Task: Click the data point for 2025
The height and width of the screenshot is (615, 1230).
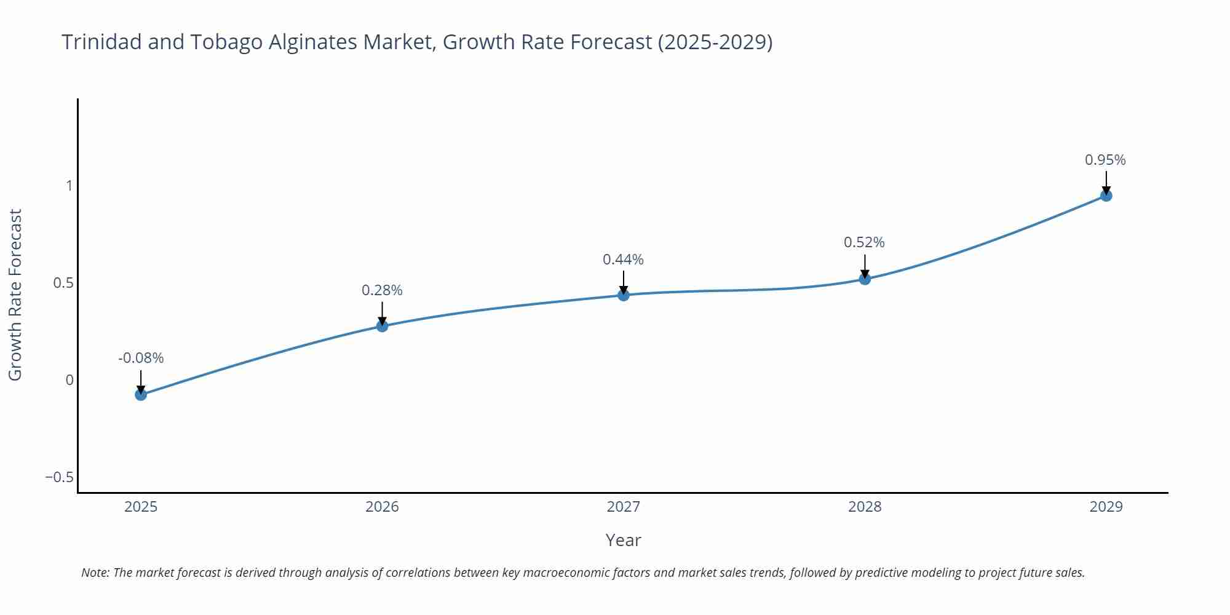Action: (141, 394)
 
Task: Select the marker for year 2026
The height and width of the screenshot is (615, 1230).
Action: (382, 325)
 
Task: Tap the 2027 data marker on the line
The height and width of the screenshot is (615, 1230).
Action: (624, 295)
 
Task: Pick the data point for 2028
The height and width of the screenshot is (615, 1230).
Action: (865, 279)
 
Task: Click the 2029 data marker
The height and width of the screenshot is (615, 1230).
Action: (1106, 196)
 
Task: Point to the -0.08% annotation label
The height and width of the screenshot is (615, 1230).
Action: (141, 358)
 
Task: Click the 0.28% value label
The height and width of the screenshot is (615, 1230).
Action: (382, 290)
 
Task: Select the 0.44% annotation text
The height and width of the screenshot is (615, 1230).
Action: (623, 260)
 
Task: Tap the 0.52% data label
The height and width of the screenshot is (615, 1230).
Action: (864, 242)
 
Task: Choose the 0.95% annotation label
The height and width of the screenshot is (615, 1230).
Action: (1105, 160)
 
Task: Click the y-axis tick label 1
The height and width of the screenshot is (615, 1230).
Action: (69, 186)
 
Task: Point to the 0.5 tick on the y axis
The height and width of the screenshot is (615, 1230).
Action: (63, 283)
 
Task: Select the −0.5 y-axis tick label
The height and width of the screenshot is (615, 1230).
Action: (59, 477)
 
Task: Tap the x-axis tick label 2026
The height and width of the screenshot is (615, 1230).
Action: (382, 507)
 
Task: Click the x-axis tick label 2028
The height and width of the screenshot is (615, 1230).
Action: (865, 507)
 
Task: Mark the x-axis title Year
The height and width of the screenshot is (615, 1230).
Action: (623, 540)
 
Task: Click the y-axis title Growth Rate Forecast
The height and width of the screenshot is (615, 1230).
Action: (15, 295)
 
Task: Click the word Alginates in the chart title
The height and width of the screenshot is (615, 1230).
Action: (313, 42)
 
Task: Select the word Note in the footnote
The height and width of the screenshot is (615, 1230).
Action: (95, 573)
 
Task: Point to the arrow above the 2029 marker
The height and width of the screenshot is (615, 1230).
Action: (1106, 183)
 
